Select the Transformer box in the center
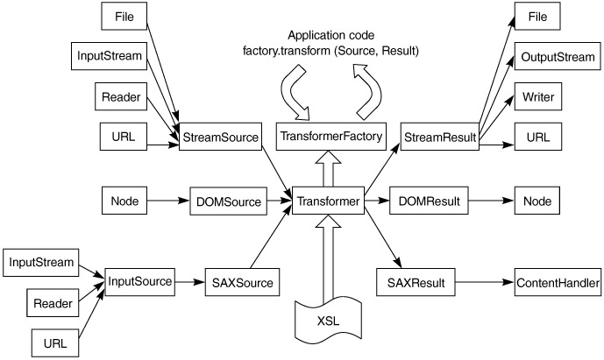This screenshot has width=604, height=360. coord(326,201)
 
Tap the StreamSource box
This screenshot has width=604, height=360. coord(220,138)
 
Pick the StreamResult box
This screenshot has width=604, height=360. coord(439,138)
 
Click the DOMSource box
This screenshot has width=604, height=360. coord(227,201)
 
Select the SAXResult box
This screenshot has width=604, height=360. coord(416,282)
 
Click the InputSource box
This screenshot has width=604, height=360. coord(139,282)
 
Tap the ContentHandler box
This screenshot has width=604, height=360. coord(558,282)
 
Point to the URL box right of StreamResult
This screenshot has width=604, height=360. coord(536,138)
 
